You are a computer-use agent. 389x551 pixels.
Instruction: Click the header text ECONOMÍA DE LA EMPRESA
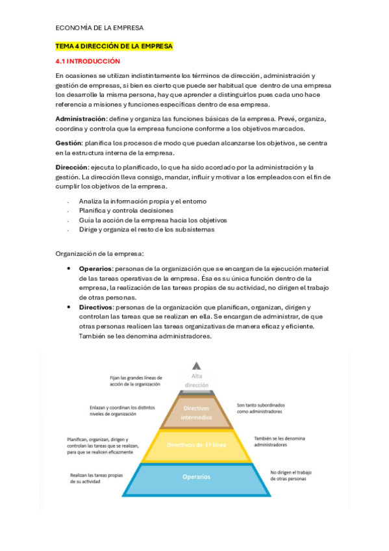pyautogui.click(x=99, y=28)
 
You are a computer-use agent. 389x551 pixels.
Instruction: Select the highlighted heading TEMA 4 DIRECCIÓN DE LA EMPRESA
pyautogui.click(x=114, y=46)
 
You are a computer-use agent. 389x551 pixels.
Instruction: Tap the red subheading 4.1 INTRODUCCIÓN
pyautogui.click(x=88, y=61)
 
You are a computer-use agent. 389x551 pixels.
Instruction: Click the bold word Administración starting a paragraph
pyautogui.click(x=81, y=118)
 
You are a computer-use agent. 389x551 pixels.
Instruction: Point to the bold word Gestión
pyautogui.click(x=69, y=142)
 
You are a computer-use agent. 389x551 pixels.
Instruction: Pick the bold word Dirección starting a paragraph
pyautogui.click(x=71, y=166)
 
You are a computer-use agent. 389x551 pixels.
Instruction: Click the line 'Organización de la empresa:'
pyautogui.click(x=99, y=253)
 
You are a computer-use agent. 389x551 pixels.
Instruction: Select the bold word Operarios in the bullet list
pyautogui.click(x=95, y=268)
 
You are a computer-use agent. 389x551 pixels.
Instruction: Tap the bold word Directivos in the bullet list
pyautogui.click(x=96, y=307)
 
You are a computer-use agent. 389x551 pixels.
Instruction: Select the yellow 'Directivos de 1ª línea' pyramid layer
pyautogui.click(x=197, y=445)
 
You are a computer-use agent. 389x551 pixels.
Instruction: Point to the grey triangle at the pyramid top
pyautogui.click(x=196, y=365)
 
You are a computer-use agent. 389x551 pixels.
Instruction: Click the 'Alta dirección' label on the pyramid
pyautogui.click(x=196, y=380)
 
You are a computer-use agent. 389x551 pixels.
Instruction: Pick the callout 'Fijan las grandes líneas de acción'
pyautogui.click(x=136, y=380)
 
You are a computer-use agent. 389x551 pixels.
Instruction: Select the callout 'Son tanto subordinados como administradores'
pyautogui.click(x=259, y=408)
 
